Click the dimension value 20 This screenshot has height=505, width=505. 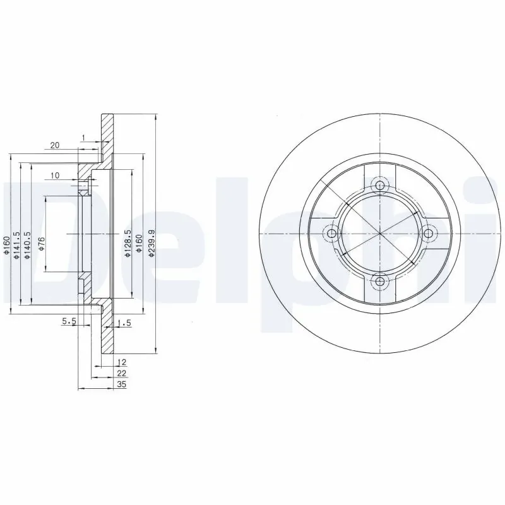[54, 145]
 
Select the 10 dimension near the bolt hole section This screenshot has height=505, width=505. [55, 175]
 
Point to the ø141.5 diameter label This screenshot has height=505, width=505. [17, 244]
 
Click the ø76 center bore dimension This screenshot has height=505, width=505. [40, 244]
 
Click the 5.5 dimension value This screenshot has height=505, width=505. [69, 322]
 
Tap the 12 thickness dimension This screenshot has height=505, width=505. [122, 362]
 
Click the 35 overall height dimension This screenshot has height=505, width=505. [122, 384]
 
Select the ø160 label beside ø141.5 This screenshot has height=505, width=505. [6, 244]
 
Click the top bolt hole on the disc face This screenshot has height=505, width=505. [379, 185]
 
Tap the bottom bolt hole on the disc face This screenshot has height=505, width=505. [379, 282]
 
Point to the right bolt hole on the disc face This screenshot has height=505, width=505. [428, 234]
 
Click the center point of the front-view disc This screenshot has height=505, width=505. [379, 234]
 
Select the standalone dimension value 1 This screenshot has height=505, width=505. [83, 138]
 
